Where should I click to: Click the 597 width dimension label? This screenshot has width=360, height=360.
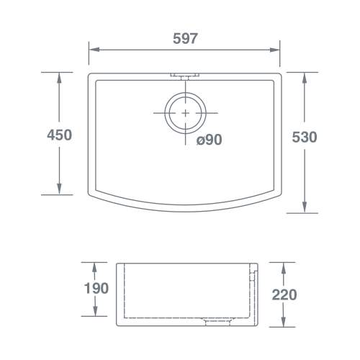[x=185, y=38]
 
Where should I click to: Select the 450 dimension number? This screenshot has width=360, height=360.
[x=59, y=135]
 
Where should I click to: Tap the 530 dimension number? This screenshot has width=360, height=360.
[x=305, y=138]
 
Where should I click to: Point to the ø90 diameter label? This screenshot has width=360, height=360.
[x=209, y=140]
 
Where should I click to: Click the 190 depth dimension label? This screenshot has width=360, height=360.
[x=96, y=288]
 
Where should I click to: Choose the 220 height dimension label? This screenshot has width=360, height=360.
[x=284, y=294]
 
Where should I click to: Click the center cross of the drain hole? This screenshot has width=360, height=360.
[x=185, y=113]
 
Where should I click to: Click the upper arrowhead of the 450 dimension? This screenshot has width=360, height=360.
[x=59, y=78]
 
